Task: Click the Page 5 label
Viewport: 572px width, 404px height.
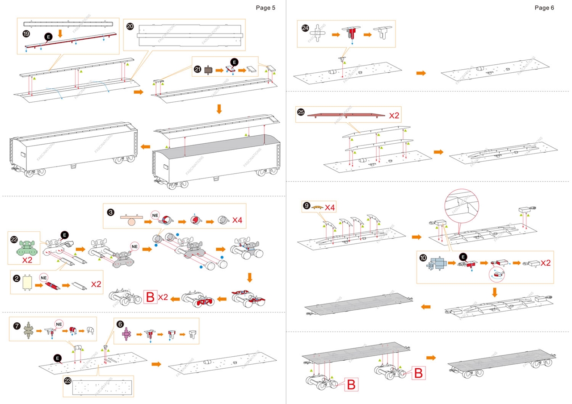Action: click(265, 8)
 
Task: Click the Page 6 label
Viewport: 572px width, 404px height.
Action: click(544, 8)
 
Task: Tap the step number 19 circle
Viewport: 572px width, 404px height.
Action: click(26, 34)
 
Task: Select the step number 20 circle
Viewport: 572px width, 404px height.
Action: click(130, 26)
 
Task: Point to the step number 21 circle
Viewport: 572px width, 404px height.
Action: click(198, 69)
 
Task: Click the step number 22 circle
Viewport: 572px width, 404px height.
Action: click(14, 240)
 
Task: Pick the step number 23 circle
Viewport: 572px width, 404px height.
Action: click(68, 381)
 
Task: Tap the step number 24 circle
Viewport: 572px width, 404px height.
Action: click(305, 28)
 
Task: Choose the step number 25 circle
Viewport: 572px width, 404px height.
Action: click(300, 113)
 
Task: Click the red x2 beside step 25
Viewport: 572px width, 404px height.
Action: click(394, 115)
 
